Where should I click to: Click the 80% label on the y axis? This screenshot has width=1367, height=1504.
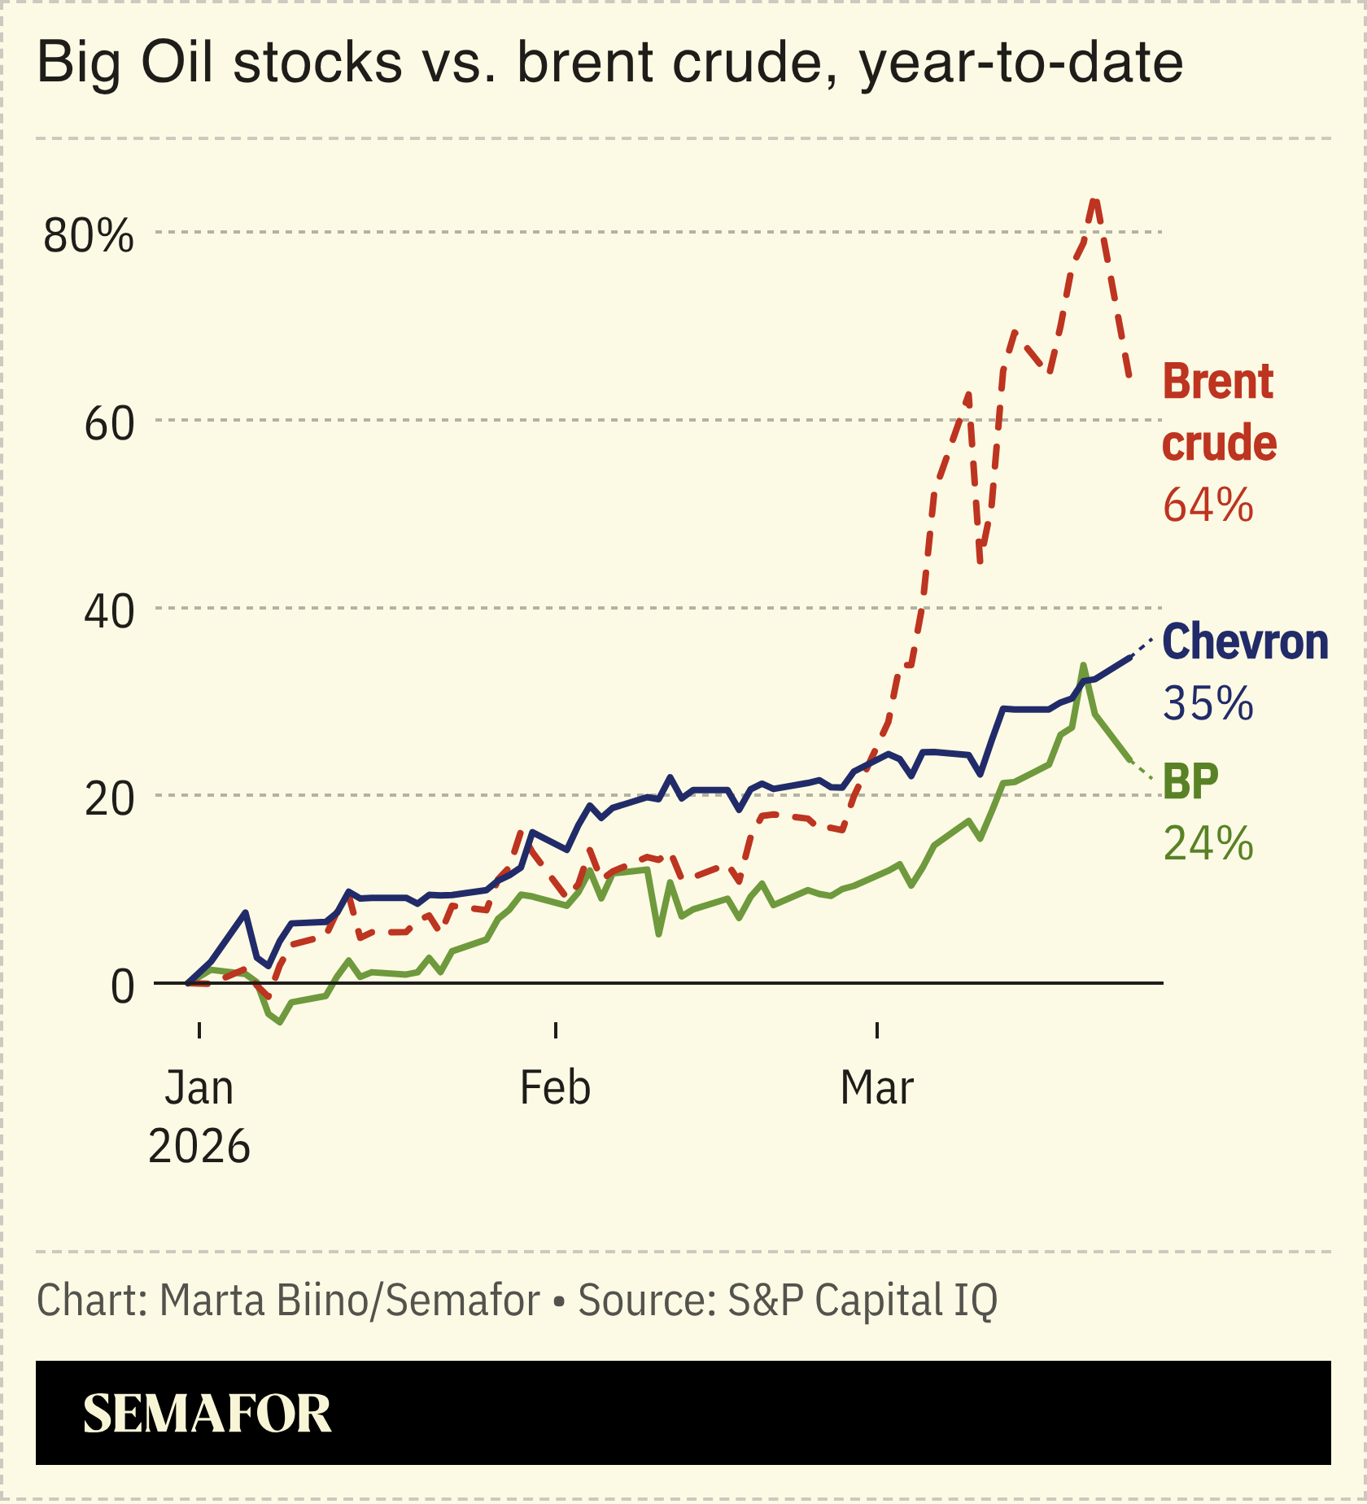[x=88, y=236]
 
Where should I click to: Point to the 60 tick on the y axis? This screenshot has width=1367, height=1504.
[x=109, y=424]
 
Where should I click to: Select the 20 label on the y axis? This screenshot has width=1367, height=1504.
[x=109, y=799]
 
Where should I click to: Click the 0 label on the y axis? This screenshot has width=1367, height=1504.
[x=122, y=987]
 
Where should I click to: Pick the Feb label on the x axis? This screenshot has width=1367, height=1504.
[x=555, y=1088]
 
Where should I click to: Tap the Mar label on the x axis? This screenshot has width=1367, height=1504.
[x=877, y=1088]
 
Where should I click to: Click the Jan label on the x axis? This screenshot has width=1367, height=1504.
[x=199, y=1088]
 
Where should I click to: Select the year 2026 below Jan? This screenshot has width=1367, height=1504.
[x=199, y=1147]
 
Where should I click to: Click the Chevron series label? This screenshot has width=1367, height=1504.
[x=1245, y=642]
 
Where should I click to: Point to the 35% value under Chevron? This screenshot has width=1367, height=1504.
[x=1208, y=703]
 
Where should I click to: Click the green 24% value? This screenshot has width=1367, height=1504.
[x=1208, y=843]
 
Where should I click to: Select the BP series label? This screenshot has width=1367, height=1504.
[x=1190, y=781]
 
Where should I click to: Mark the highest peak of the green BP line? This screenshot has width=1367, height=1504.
[x=1083, y=666]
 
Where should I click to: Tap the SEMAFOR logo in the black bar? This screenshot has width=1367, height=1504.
[x=207, y=1414]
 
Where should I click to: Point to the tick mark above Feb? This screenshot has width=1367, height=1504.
[x=556, y=1030]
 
